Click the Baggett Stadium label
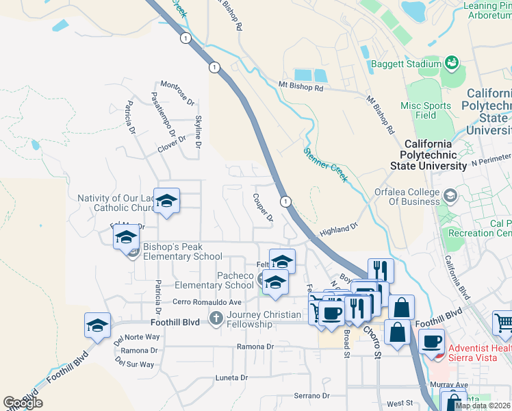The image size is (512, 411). coord(406,64)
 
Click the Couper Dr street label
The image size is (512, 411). coord(262,208)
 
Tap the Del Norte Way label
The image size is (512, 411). coord(137,337)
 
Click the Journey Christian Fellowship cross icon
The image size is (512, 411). coord(216,318)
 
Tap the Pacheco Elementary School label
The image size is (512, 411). coord(214,280)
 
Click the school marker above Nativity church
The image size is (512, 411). coord(166,201)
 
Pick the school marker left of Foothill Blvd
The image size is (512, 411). coord(98,325)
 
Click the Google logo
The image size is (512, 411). coord(23,403)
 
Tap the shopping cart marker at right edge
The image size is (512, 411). coord(503,323)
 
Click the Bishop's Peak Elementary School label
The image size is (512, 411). coord(183,251)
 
